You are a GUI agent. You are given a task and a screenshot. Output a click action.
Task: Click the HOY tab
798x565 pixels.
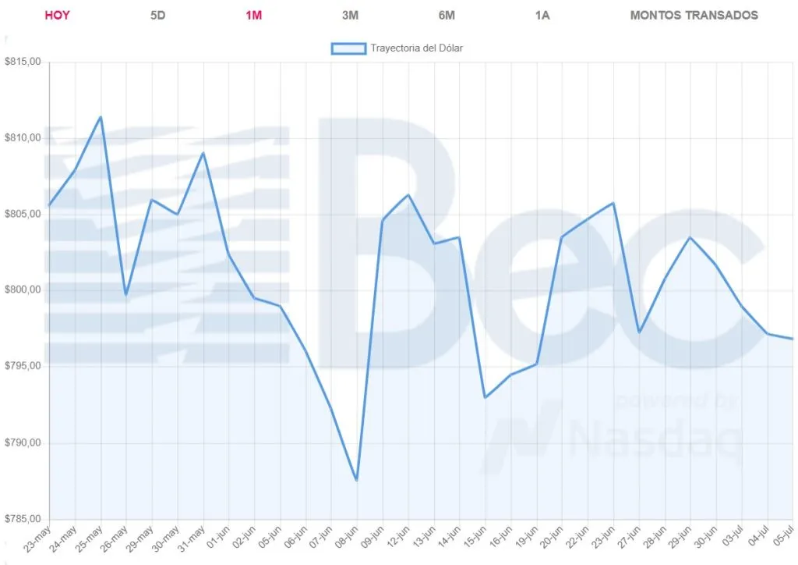pos(57,15)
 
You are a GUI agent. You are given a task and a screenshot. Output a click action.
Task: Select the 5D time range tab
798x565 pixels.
pos(157,15)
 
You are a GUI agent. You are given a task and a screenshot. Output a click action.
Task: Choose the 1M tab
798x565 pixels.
pos(253,15)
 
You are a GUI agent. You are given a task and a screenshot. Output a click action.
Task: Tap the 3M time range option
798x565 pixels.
pos(350,15)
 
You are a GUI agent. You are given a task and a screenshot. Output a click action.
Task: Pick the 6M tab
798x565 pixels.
pos(447,15)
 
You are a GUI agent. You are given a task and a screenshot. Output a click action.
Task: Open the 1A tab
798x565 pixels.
pos(542,15)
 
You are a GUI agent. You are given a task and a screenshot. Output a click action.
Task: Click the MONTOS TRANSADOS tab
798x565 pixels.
pos(694,15)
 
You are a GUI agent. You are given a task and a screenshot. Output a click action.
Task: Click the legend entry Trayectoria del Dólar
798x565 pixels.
pos(397,48)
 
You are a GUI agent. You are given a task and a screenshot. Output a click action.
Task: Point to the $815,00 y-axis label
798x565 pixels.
pos(23,62)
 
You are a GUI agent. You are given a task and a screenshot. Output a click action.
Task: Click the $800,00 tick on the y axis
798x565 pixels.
pos(23,290)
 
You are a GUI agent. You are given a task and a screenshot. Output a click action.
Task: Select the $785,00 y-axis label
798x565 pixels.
pos(23,520)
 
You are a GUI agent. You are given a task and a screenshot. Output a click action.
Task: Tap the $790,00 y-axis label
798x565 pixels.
pos(23,443)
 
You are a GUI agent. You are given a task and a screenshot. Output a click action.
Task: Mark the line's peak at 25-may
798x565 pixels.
pos(101,117)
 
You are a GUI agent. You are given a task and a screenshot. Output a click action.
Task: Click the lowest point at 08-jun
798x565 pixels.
pos(356,480)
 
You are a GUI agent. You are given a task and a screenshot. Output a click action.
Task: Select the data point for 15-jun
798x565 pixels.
pos(485,397)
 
